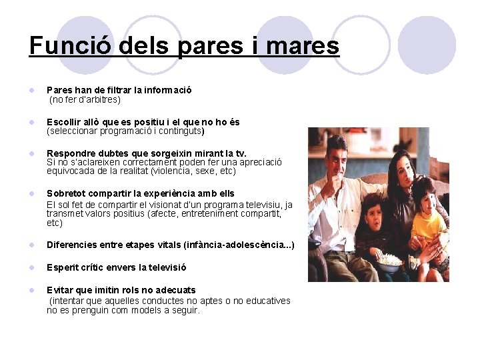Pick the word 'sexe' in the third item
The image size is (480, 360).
203,171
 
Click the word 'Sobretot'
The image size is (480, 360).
67,193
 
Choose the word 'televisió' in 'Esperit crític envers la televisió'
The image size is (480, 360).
165,267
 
